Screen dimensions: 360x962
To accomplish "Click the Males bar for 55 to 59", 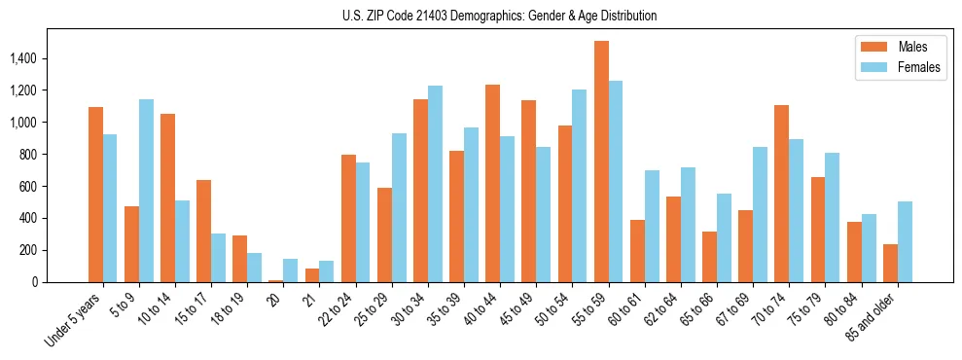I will pos(601,162).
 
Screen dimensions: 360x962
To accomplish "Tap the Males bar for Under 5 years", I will pos(95,195).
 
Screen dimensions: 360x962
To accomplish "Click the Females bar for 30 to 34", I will pos(435,184).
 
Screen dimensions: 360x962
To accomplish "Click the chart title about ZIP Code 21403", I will pos(499,16).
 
